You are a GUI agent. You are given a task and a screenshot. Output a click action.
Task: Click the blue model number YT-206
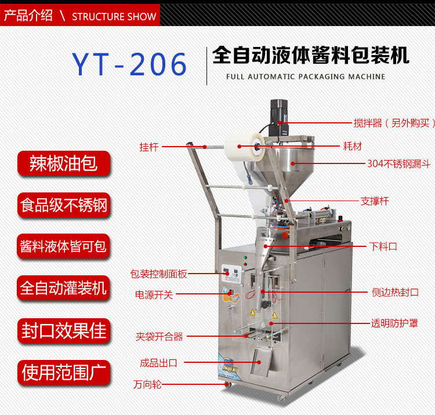(129, 64)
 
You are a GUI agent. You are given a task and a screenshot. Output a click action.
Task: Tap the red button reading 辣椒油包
(64, 163)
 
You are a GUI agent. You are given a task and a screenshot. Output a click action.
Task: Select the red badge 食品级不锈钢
(64, 205)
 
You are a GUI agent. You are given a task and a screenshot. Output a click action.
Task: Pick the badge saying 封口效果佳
(64, 331)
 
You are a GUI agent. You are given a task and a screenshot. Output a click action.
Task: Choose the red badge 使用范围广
(64, 373)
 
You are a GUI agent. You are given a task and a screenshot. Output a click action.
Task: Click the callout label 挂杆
(149, 147)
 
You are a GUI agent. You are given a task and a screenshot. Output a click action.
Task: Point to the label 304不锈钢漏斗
(398, 164)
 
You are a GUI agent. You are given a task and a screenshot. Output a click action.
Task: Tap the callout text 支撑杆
(375, 201)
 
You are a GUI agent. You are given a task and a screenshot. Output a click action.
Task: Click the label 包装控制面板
(159, 274)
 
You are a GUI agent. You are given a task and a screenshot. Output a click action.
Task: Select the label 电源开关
(154, 294)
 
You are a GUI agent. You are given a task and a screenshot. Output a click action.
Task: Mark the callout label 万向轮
(147, 384)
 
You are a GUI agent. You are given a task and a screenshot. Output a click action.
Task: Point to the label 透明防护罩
(394, 323)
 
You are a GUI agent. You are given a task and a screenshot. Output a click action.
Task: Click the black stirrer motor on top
(279, 118)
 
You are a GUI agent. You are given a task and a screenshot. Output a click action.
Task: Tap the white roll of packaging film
(244, 147)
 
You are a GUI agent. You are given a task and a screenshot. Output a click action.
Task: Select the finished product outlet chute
(261, 362)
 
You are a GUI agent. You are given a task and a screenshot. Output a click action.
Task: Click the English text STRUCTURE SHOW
(114, 17)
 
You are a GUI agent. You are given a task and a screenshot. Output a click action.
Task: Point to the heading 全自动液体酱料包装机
(311, 55)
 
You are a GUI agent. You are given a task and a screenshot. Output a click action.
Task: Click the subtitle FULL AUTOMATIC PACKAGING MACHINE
(306, 77)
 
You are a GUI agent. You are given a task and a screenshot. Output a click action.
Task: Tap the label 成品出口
(158, 363)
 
